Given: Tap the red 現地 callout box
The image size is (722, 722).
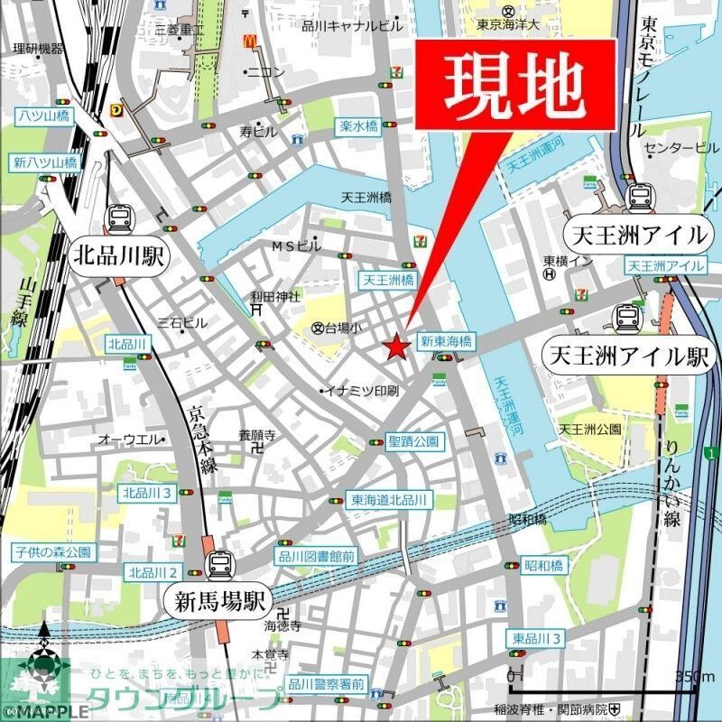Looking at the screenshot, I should pos(515,84).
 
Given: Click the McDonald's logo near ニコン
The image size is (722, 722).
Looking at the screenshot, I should pos(249,43).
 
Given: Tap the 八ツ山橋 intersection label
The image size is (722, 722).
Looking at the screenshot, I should pos(42,116).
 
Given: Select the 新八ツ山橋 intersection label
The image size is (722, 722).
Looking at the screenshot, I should pos(45,163).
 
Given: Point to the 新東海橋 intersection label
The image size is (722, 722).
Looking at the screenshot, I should pos(447,342).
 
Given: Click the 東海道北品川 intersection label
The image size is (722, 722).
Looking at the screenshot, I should pos(392,500).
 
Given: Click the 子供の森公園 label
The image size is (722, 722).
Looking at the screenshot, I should pos(52,551).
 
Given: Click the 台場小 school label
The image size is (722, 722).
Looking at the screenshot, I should pos(339,329).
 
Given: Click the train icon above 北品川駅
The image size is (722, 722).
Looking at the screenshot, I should pos(119,218).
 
